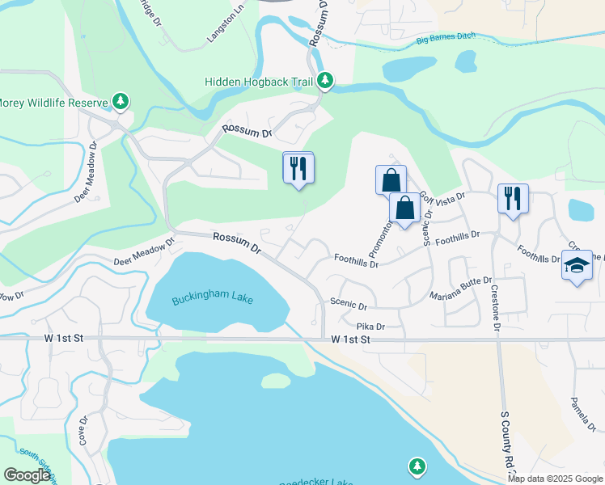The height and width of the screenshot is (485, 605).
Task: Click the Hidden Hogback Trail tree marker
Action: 325,80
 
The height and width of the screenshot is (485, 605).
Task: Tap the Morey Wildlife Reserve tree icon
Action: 121,101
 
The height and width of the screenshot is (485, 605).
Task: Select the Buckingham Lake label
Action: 213,300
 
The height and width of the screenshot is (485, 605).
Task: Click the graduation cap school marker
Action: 576,266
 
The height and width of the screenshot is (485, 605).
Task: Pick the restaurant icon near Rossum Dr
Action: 298,167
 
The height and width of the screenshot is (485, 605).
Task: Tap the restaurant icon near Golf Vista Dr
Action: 513,197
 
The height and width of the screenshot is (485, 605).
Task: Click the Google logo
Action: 27,475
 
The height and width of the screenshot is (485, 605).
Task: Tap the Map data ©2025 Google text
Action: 556,479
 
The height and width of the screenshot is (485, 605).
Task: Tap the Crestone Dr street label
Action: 494,306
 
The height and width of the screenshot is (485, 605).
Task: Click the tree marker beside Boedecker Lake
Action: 417,466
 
